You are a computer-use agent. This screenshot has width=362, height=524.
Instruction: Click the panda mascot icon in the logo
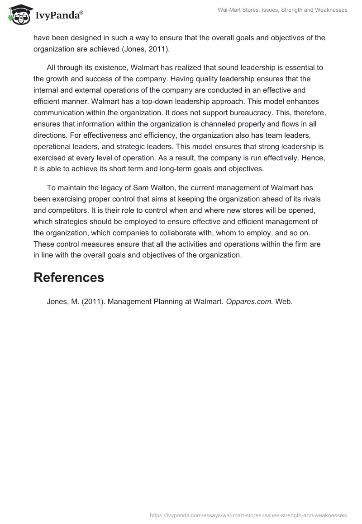(18, 15)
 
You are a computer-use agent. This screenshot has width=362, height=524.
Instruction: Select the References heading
(69, 277)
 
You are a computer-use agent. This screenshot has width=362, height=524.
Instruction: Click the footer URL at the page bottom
(248, 515)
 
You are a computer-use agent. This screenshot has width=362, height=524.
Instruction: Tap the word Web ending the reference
(284, 302)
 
